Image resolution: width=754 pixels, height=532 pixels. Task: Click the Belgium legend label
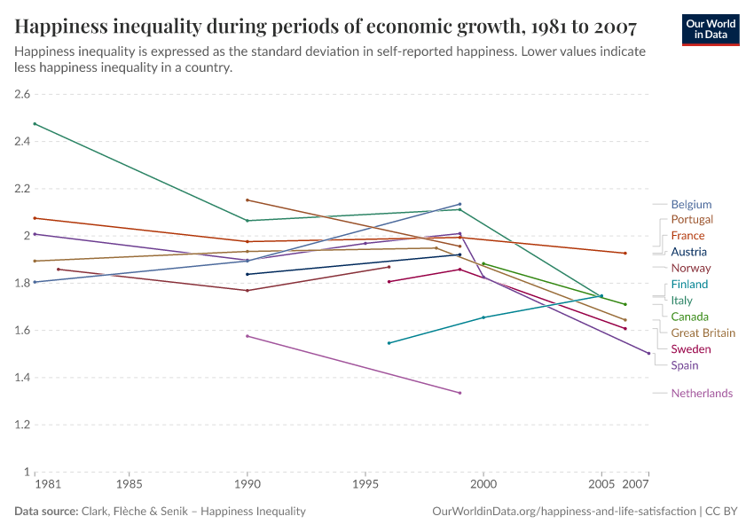coord(691,204)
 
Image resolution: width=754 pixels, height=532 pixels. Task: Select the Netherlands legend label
coord(702,393)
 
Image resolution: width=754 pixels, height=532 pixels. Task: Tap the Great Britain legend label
coord(703,332)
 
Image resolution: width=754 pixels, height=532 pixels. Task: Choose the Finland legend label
coord(689,285)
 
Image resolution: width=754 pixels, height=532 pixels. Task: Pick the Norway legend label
coord(691,268)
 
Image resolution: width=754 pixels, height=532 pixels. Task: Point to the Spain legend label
coord(685,365)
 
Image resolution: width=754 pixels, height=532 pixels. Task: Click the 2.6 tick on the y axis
coord(22,94)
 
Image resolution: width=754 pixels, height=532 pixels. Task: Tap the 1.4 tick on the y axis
coord(22,378)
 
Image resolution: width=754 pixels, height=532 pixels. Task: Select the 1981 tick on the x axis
coord(48,486)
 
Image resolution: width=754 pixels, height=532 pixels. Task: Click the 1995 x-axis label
coord(365,486)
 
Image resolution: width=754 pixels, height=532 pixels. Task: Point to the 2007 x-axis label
coord(636,486)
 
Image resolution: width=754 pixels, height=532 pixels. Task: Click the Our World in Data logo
coord(712,28)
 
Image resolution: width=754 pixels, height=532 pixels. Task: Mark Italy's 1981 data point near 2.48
coord(35,123)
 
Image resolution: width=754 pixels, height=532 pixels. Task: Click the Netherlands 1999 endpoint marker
coord(459,393)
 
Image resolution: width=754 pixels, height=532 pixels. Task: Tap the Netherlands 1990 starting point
coord(247,336)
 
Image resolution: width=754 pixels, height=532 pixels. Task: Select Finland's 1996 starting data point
coord(389,343)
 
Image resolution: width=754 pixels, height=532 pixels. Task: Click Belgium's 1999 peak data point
coord(459,204)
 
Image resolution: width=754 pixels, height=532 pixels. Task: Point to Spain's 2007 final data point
coord(648,353)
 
